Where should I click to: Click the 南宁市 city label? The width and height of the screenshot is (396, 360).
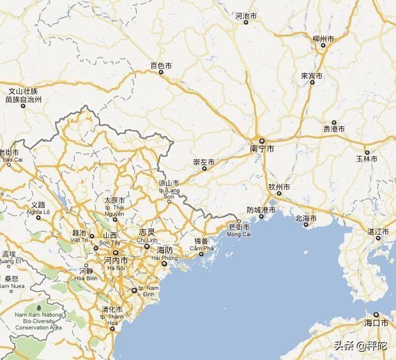click(262, 149)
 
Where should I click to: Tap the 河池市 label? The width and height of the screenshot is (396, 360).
click(246, 15)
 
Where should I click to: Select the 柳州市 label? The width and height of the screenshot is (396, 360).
click(324, 40)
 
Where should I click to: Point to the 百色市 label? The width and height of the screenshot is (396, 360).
click(161, 65)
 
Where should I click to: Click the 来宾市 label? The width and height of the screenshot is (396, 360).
click(312, 77)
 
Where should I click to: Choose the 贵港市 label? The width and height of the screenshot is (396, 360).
click(333, 129)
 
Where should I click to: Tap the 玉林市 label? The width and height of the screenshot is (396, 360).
click(367, 158)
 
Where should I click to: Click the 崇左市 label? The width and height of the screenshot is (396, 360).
click(204, 163)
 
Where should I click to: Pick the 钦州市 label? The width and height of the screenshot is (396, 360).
click(279, 188)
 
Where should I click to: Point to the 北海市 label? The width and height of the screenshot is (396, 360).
click(306, 218)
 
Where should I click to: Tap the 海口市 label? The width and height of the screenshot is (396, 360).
click(376, 324)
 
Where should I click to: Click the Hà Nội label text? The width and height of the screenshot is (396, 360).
click(116, 268)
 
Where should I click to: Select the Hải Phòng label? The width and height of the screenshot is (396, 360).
click(165, 257)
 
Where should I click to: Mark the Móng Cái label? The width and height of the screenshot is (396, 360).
click(240, 234)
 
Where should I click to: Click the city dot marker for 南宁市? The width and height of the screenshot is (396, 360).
click(262, 140)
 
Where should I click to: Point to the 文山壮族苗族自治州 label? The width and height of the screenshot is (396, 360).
click(23, 96)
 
